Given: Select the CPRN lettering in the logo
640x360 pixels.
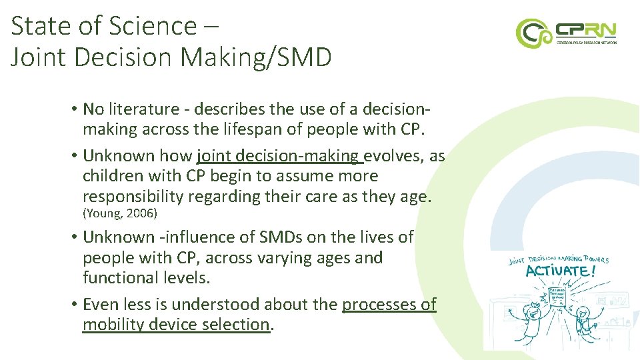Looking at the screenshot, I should point(587,30).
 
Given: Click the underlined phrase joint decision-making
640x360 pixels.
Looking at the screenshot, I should point(280,156).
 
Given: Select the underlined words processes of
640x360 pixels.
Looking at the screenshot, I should point(389,305).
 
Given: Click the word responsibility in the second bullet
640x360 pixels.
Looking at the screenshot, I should point(133,197).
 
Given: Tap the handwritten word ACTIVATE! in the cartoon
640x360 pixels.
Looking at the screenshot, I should point(557,272).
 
